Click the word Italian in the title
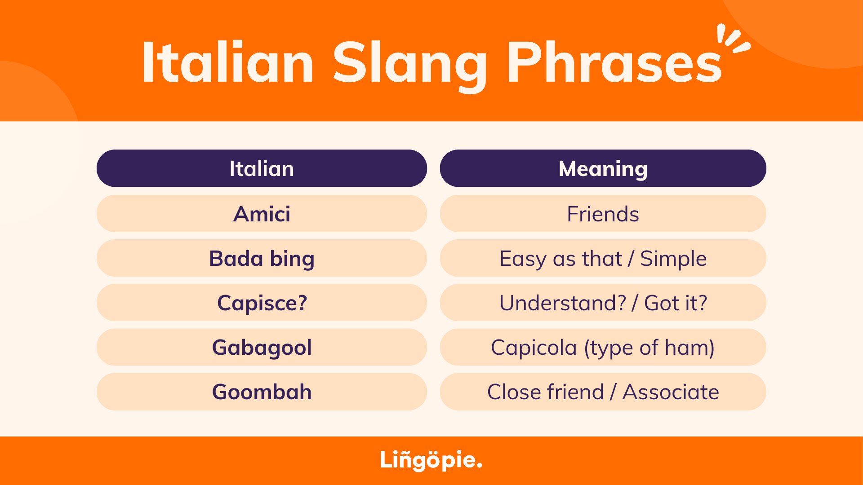coord(228,62)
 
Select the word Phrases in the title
coord(614,62)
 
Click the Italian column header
coord(262,168)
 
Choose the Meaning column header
coord(603,168)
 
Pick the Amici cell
coord(262,213)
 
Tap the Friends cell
coord(603,213)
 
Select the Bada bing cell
coord(262,258)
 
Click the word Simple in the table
coord(673,259)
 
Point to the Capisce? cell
coord(262,302)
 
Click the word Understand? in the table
coord(563,303)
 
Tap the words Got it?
coord(676,303)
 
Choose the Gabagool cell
coord(262,347)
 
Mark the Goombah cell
coord(262,392)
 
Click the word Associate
coord(671,392)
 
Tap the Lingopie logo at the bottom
coord(431,460)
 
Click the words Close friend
coord(545,392)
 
